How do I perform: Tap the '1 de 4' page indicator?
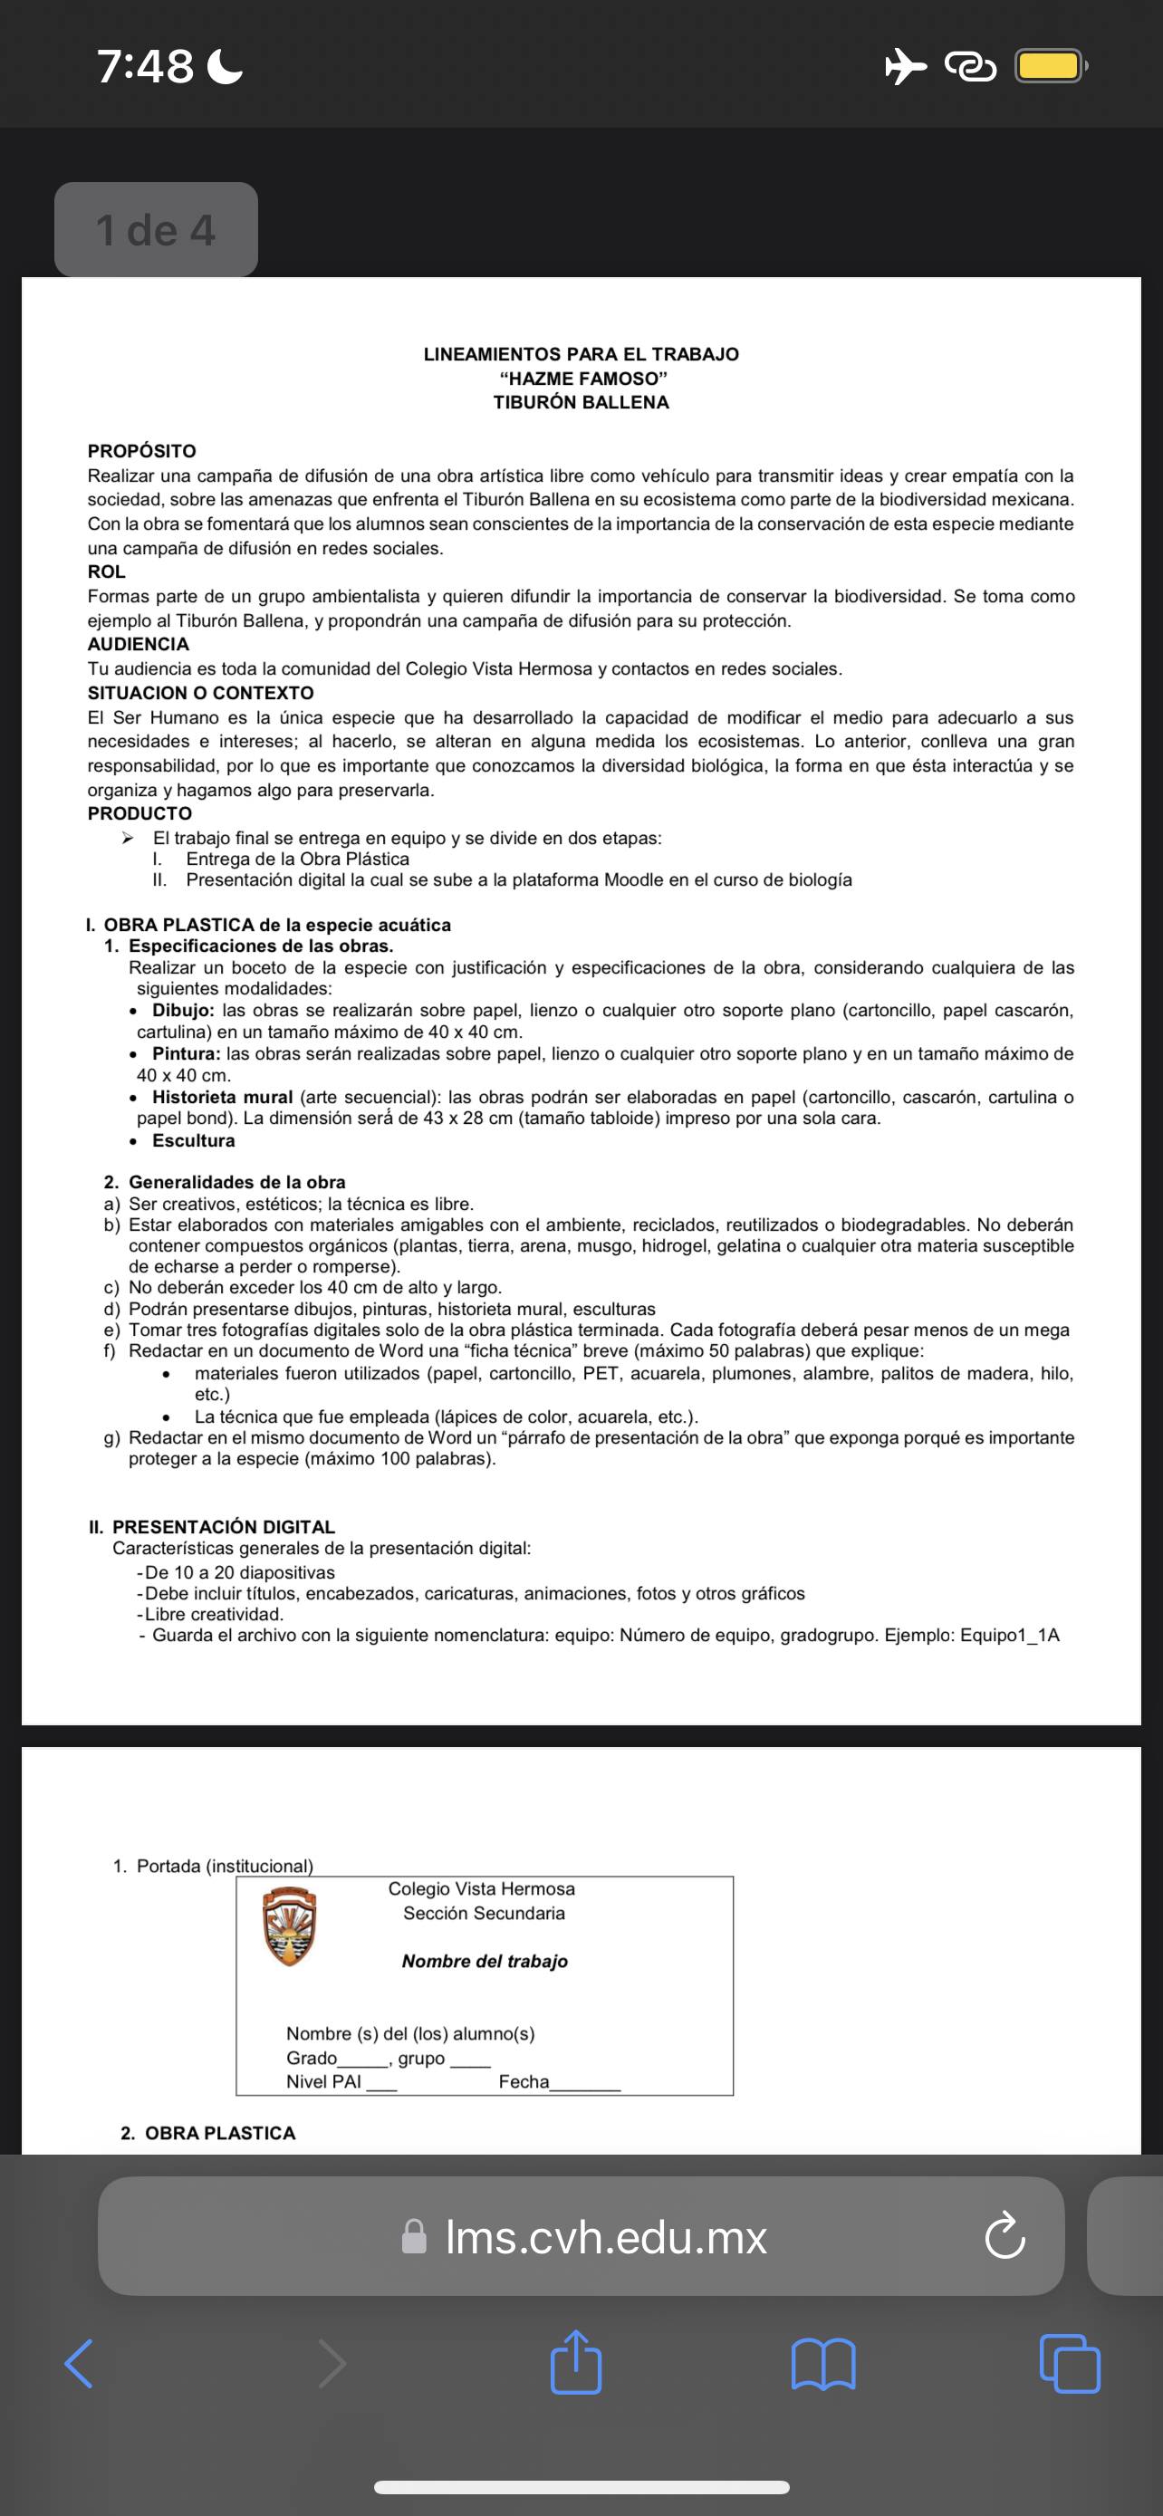click(x=156, y=229)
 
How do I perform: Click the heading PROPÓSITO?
click(x=141, y=451)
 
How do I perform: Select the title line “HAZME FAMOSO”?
click(x=582, y=378)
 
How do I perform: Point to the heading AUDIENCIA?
click(x=139, y=645)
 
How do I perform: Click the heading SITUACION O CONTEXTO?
click(x=200, y=694)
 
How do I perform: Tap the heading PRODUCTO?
click(x=139, y=813)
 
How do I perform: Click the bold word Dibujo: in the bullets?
click(x=183, y=1010)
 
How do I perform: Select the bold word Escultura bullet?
click(x=193, y=1141)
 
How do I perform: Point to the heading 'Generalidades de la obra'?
click(x=236, y=1182)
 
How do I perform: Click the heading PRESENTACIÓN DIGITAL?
click(x=224, y=1527)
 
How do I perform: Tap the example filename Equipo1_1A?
click(x=1010, y=1635)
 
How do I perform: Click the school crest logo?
click(x=289, y=1926)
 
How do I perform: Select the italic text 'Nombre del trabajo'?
click(x=485, y=1961)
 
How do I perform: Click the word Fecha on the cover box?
click(x=524, y=2081)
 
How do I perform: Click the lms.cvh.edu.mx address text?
click(x=605, y=2237)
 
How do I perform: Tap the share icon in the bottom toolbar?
click(x=575, y=2364)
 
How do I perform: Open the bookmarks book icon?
click(x=823, y=2365)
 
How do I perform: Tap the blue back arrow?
click(x=79, y=2364)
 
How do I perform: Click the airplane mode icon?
click(x=905, y=66)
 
